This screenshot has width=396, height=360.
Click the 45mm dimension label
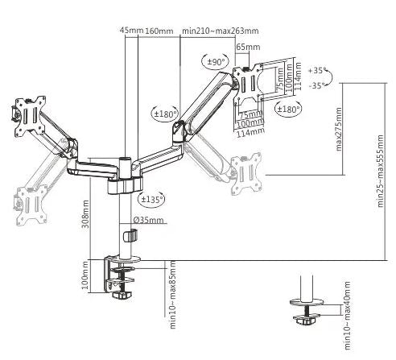tap(131, 30)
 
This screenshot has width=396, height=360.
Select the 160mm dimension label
tap(159, 31)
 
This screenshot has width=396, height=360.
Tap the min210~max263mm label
tap(221, 31)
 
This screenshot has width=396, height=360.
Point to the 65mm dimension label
tap(248, 47)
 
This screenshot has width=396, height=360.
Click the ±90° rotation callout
tap(216, 62)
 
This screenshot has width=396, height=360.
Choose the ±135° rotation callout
tap(151, 200)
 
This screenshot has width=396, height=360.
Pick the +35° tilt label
tap(316, 71)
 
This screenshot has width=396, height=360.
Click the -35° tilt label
tap(316, 86)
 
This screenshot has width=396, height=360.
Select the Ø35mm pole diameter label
tap(148, 220)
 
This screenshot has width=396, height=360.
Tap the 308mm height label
tap(85, 214)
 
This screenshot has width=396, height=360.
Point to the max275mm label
tap(339, 129)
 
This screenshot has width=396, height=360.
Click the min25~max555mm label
tap(381, 171)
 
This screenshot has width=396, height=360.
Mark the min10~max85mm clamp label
tap(173, 294)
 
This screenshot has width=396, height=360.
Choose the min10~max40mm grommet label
tap(347, 316)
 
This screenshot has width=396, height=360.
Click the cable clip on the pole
tap(130, 235)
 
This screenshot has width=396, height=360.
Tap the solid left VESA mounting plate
tap(30, 115)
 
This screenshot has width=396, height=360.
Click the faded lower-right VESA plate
tap(246, 174)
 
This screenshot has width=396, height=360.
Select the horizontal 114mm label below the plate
tap(250, 132)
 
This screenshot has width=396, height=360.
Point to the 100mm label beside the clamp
tap(85, 275)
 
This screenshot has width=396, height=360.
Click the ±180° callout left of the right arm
tap(165, 114)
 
